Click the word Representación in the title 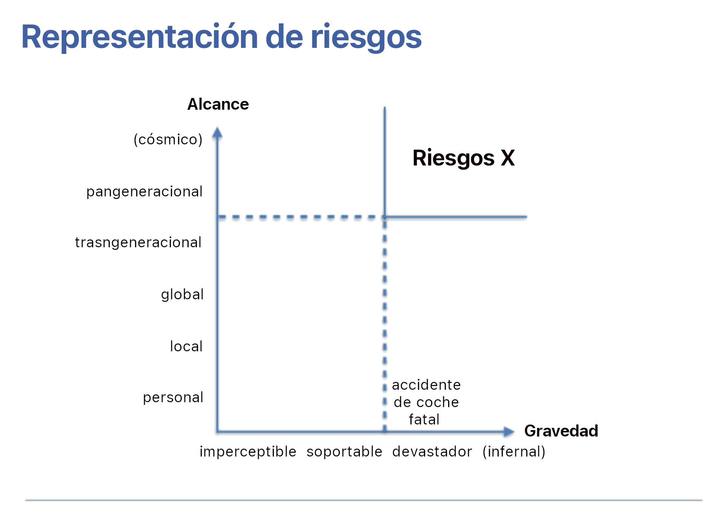click(x=140, y=37)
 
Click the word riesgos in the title click(x=366, y=37)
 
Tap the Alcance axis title click(x=218, y=104)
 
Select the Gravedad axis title click(x=561, y=431)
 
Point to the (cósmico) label click(x=168, y=139)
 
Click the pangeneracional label click(x=144, y=191)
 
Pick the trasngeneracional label click(x=138, y=242)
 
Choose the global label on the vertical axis click(x=182, y=294)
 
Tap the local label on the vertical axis click(x=186, y=346)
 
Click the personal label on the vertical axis click(x=173, y=397)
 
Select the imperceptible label click(x=248, y=451)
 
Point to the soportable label click(x=344, y=451)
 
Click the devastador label click(x=432, y=451)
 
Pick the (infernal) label click(x=514, y=451)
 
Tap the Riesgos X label click(x=464, y=158)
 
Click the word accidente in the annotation click(x=426, y=385)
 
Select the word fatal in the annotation click(x=424, y=420)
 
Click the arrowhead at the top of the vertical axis click(x=217, y=133)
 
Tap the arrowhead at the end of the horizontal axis click(x=509, y=432)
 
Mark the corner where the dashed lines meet click(x=385, y=217)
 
